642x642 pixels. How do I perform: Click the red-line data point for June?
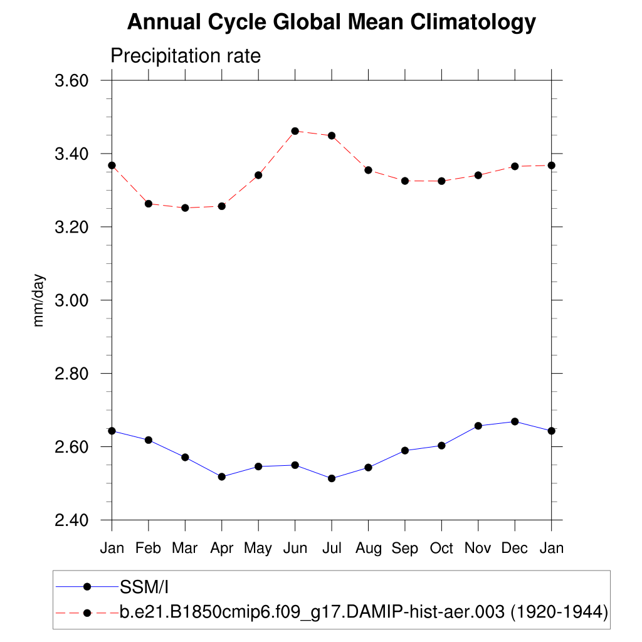pyautogui.click(x=295, y=131)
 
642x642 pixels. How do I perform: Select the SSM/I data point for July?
pyautogui.click(x=332, y=478)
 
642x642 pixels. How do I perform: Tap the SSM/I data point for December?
pyautogui.click(x=515, y=421)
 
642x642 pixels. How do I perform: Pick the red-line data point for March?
pyautogui.click(x=185, y=208)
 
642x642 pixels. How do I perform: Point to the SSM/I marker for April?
pyautogui.click(x=221, y=476)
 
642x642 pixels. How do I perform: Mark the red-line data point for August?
pyautogui.click(x=368, y=170)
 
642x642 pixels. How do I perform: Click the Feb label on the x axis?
pyautogui.click(x=149, y=549)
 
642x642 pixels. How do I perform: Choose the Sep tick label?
pyautogui.click(x=405, y=549)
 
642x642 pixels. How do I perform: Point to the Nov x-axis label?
pyautogui.click(x=478, y=549)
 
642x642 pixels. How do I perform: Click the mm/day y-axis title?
pyautogui.click(x=39, y=300)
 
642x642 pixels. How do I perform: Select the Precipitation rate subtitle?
pyautogui.click(x=186, y=56)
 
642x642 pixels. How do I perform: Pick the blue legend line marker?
pyautogui.click(x=87, y=587)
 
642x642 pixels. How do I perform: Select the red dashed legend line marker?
pyautogui.click(x=87, y=612)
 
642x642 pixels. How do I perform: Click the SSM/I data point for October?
pyautogui.click(x=441, y=446)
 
